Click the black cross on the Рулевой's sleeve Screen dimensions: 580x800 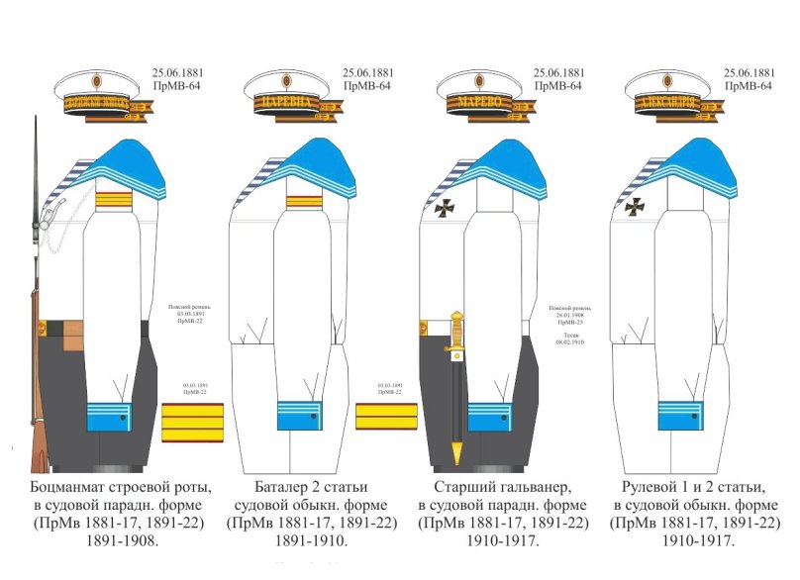[x=634, y=206]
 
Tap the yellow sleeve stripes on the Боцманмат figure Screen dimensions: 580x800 [x=110, y=204]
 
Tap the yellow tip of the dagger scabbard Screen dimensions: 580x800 [x=456, y=454]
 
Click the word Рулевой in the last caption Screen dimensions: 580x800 [x=654, y=488]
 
